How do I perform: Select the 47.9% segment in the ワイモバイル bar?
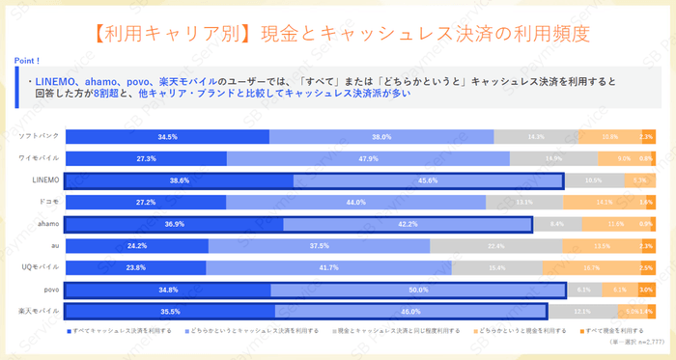pyautogui.click(x=368, y=158)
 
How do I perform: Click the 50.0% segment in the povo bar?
pyautogui.click(x=418, y=290)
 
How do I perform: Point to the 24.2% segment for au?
pyautogui.click(x=135, y=246)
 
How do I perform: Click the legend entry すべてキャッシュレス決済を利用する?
pyautogui.click(x=121, y=330)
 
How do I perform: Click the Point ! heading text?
pyautogui.click(x=27, y=60)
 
